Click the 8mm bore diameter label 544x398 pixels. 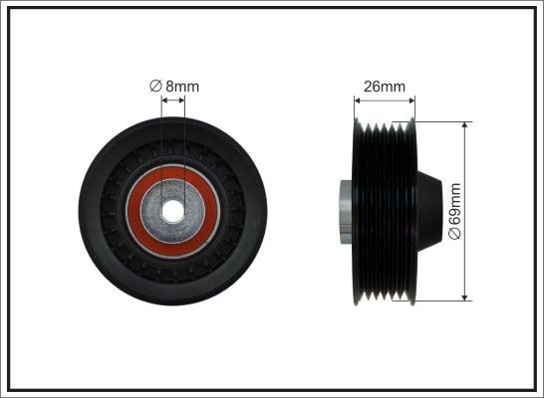pyautogui.click(x=174, y=87)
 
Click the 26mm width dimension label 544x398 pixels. pyautogui.click(x=385, y=87)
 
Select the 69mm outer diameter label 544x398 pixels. pyautogui.click(x=455, y=211)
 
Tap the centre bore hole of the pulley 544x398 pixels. pyautogui.click(x=172, y=211)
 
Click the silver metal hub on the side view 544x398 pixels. pyautogui.click(x=347, y=212)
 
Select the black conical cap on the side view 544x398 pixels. pyautogui.click(x=428, y=211)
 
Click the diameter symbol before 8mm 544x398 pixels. pyautogui.click(x=155, y=86)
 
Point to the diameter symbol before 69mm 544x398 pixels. pyautogui.click(x=455, y=233)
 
